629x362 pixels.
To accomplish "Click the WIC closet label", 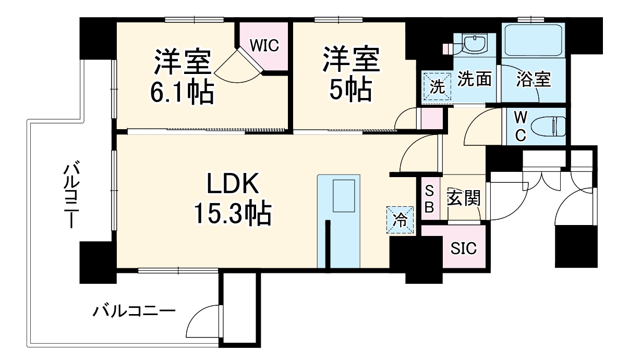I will pyautogui.click(x=264, y=45).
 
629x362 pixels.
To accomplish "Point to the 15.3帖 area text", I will pyautogui.click(x=232, y=213).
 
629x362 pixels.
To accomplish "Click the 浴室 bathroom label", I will pyautogui.click(x=533, y=79).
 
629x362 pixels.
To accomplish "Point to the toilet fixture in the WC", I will pyautogui.click(x=550, y=126).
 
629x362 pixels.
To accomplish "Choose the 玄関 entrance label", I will pyautogui.click(x=463, y=198).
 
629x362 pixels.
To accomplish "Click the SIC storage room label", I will pyautogui.click(x=463, y=248).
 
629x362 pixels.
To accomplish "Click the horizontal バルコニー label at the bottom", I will pyautogui.click(x=134, y=312).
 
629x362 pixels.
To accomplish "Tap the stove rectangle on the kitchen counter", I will pyautogui.click(x=344, y=196).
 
